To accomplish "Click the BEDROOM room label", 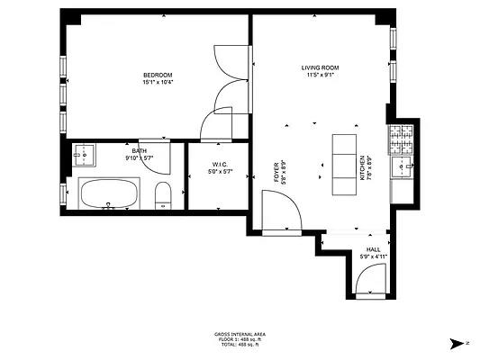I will tap(158, 75).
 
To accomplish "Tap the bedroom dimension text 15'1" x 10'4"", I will tap(158, 82).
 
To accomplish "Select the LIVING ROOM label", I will tap(319, 67).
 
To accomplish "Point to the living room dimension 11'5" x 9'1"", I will tap(319, 75).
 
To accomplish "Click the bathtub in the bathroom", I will tap(108, 193).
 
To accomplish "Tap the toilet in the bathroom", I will tap(163, 195).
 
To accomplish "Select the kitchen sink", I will tap(402, 166).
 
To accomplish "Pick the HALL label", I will tap(373, 249).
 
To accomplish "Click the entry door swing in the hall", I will tap(371, 283).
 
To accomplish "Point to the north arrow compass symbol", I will tap(457, 342).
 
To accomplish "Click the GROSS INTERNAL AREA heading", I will tap(240, 333).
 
